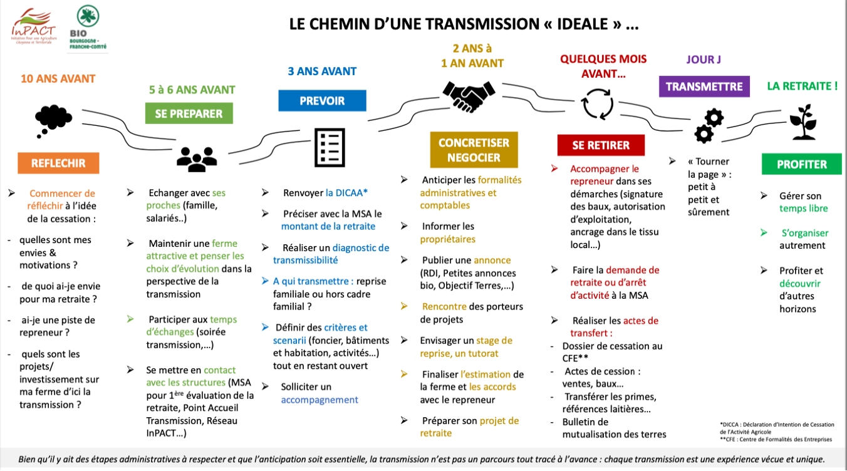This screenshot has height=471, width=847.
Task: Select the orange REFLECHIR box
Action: click(58, 163)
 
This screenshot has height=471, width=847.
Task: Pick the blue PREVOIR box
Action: click(322, 100)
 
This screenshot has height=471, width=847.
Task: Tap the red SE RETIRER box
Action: click(600, 145)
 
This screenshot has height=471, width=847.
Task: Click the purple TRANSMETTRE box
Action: click(704, 86)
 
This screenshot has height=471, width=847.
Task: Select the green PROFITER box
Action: click(801, 164)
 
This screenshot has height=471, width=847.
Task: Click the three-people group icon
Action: click(196, 159)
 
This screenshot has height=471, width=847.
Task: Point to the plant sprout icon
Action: click(802, 123)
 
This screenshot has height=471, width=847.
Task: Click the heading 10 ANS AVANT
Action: click(58, 79)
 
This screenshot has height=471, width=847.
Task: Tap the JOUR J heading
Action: click(704, 60)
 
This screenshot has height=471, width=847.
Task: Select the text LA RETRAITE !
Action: click(802, 86)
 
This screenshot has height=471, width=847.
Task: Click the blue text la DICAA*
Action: click(346, 193)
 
